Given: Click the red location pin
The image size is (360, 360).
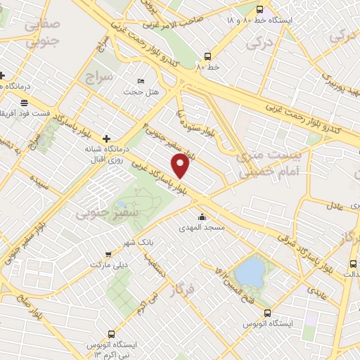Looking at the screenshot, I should pyautogui.click(x=181, y=165).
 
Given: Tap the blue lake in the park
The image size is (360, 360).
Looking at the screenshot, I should pyautogui.click(x=247, y=269).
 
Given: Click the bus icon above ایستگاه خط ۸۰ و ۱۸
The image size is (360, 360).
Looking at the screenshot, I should pyautogui.click(x=260, y=10).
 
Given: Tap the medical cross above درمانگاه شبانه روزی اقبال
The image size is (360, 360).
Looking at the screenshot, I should pyautogui.click(x=106, y=139).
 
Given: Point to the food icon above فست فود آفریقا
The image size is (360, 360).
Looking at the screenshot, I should pyautogui.click(x=25, y=103).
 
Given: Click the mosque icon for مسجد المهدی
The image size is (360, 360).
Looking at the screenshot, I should pyautogui.click(x=202, y=217).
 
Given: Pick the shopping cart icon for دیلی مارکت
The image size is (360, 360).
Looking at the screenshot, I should pyautogui.click(x=108, y=254).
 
